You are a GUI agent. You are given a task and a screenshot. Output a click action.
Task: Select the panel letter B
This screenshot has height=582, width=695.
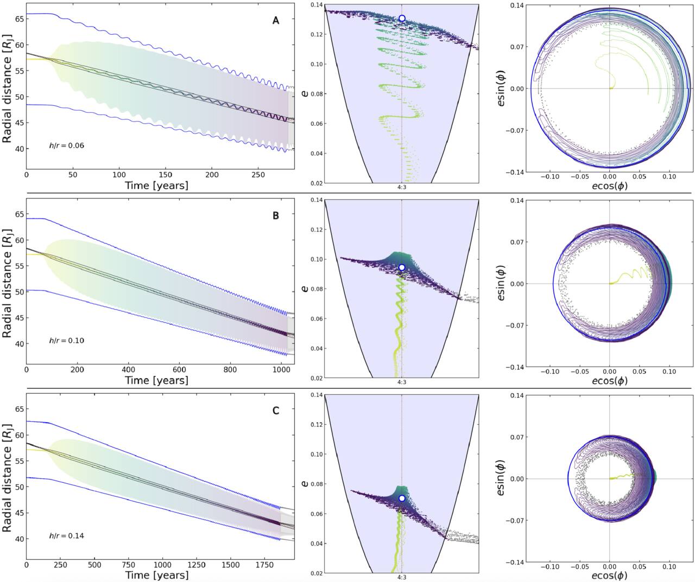coord(276,215)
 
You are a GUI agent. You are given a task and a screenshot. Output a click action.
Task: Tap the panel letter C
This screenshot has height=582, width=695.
coord(276,410)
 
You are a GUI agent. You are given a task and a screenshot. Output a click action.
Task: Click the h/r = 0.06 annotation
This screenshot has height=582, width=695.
coord(67,146)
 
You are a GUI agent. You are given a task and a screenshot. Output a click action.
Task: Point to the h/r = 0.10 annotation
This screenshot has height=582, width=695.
coord(67,341)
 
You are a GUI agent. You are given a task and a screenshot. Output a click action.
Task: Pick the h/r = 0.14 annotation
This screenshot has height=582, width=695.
coord(67,535)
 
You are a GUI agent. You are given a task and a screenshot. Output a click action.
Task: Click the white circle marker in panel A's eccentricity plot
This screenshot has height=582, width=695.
coord(402,18)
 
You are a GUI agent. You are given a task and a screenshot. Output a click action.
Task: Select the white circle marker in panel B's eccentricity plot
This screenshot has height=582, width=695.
coord(402,267)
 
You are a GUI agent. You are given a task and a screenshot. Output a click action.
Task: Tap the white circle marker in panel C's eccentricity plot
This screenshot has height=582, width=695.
coord(402,498)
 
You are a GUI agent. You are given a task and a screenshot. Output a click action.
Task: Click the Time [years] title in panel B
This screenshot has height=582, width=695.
coord(156,380)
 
